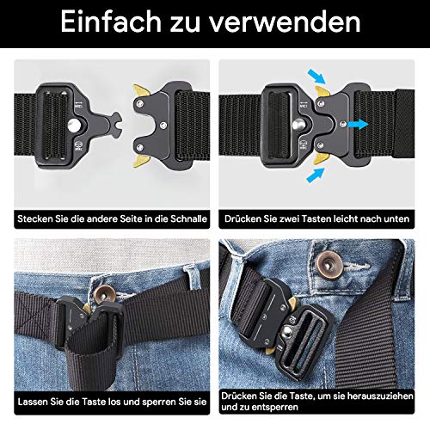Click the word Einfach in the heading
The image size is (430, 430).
click(111, 22)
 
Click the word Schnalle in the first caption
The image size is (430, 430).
click(188, 218)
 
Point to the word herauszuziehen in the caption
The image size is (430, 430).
click(380, 396)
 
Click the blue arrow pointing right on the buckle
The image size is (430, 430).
click(358, 125)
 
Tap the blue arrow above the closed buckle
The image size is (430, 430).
click(316, 76)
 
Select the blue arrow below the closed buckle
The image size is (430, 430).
click(316, 175)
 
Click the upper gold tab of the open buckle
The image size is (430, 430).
click(141, 90)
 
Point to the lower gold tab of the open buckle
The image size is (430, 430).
click(141, 161)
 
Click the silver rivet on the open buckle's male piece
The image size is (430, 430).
click(74, 125)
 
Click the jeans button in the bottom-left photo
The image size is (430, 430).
click(104, 294)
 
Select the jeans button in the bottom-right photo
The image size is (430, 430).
click(329, 266)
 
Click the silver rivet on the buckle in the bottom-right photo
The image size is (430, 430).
click(286, 333)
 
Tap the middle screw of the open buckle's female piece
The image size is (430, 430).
click(163, 125)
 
